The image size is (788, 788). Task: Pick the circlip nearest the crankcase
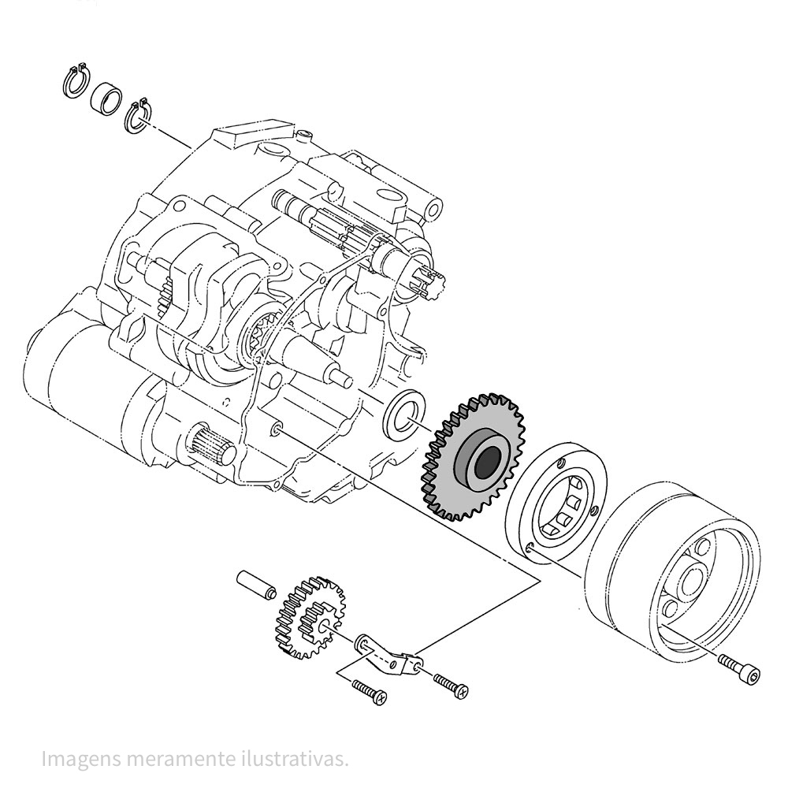[138, 115]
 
